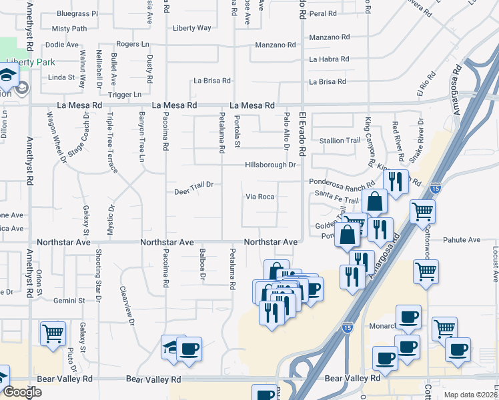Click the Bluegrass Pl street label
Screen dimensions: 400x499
coord(77,13)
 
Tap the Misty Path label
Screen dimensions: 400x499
coord(69,29)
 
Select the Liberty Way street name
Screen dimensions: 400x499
coord(191,28)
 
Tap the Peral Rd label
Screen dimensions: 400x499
coord(322,13)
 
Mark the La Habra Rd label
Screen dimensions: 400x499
coord(329,59)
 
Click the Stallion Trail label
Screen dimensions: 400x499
coord(340,141)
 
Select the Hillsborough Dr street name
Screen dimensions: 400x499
coord(270,165)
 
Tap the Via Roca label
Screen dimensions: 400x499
coord(260,197)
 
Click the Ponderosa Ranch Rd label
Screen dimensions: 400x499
coord(342,183)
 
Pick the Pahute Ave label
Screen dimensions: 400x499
coord(464,240)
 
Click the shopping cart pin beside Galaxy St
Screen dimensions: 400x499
coord(53,333)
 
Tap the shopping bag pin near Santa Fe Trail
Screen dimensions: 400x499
coord(376,202)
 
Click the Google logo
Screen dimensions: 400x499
coord(21,392)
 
